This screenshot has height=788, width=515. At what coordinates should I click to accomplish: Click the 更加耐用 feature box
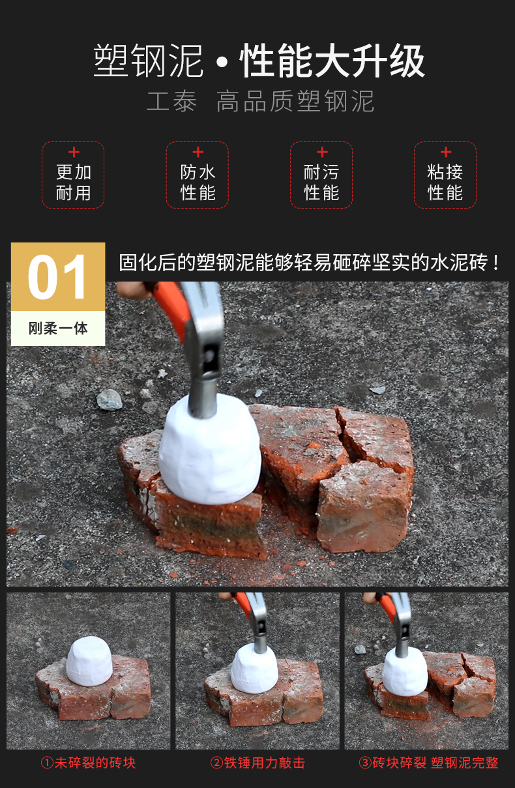pos(73,175)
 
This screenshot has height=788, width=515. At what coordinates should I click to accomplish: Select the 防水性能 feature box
pos(198,175)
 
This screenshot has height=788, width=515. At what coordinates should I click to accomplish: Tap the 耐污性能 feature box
pos(321,175)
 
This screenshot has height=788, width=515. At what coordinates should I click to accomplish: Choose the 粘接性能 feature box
pos(445,175)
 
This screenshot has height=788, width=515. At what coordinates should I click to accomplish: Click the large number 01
pos(57,277)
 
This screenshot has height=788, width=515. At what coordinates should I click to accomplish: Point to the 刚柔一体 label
pos(58,328)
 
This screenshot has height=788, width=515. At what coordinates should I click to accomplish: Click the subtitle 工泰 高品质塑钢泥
pos(260,101)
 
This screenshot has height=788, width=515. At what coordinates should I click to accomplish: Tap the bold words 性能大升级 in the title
pos(332,61)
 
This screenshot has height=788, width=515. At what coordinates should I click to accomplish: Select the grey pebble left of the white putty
pos(110,400)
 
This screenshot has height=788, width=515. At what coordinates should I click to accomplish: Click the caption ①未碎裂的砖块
pos(88,763)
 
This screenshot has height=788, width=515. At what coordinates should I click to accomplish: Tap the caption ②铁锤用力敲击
pos(258,763)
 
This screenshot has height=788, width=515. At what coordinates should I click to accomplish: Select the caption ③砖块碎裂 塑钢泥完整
pos(429,763)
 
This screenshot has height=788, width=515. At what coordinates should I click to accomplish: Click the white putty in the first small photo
pos(89,662)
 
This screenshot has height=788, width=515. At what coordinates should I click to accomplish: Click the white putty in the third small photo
pos(405,673)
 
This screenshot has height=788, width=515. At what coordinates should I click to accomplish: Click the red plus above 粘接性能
pos(446,152)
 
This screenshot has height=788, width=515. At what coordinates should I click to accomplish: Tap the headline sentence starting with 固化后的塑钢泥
pos(309,263)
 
